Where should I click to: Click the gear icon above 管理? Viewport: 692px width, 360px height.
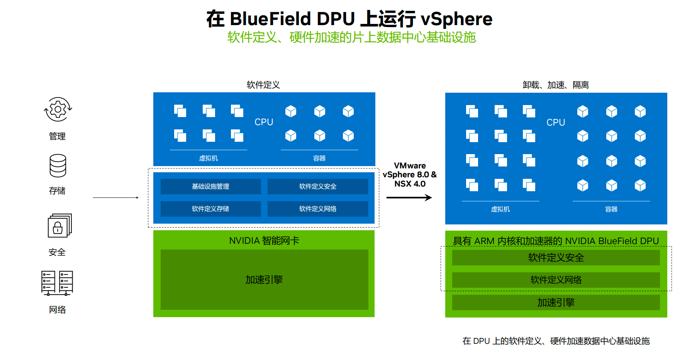(x=58, y=109)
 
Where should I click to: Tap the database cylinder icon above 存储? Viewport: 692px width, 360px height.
(x=58, y=166)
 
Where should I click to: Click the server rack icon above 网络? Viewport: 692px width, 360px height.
(x=57, y=283)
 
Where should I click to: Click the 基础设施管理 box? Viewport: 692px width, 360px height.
(x=211, y=187)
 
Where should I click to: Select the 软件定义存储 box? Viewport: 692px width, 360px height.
(x=211, y=209)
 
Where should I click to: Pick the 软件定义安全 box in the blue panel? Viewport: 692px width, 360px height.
(x=318, y=187)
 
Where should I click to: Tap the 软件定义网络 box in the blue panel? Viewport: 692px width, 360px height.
(x=318, y=209)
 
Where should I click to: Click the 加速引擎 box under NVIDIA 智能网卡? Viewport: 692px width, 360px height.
(x=265, y=280)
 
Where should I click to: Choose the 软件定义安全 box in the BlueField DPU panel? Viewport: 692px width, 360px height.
(x=556, y=258)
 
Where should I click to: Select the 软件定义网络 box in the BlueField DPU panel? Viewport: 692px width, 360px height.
(x=556, y=280)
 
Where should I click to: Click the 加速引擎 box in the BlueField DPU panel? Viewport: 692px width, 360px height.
(x=556, y=302)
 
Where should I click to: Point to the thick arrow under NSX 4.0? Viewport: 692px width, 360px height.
(x=409, y=198)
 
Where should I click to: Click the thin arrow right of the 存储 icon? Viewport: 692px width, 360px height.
(x=115, y=198)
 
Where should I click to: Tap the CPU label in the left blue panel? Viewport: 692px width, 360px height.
(x=264, y=122)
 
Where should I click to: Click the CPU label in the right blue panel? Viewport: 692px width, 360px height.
(x=556, y=122)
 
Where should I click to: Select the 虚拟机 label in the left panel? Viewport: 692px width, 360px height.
(x=209, y=158)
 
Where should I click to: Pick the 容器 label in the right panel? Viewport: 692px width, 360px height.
(x=611, y=209)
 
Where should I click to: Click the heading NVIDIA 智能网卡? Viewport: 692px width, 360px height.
(x=264, y=241)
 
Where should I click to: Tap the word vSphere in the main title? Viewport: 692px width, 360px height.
(x=456, y=19)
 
